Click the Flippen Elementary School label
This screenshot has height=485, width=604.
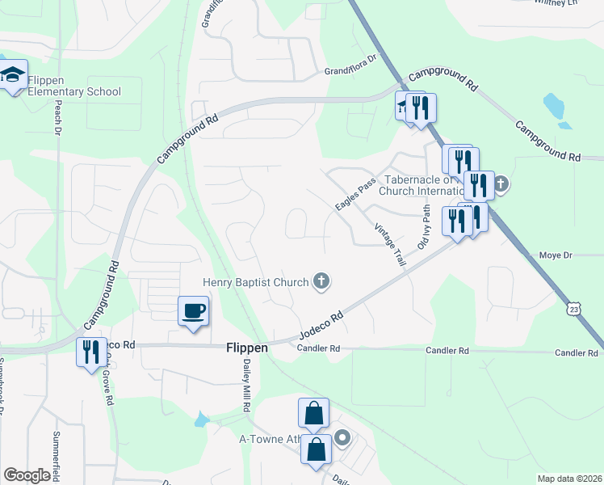point(74,86)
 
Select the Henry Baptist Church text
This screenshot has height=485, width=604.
point(255,282)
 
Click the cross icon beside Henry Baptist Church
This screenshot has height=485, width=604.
point(321,281)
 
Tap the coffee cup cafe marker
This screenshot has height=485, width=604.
point(194,311)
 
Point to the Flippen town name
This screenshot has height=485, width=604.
point(245,348)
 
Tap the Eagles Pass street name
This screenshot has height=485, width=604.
point(356,196)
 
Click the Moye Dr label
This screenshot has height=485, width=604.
point(555,255)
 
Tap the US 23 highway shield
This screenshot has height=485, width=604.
point(573,309)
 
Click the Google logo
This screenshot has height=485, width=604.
point(27,475)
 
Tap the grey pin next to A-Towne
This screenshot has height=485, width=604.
point(342,439)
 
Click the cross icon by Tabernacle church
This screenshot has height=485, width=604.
point(500,183)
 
